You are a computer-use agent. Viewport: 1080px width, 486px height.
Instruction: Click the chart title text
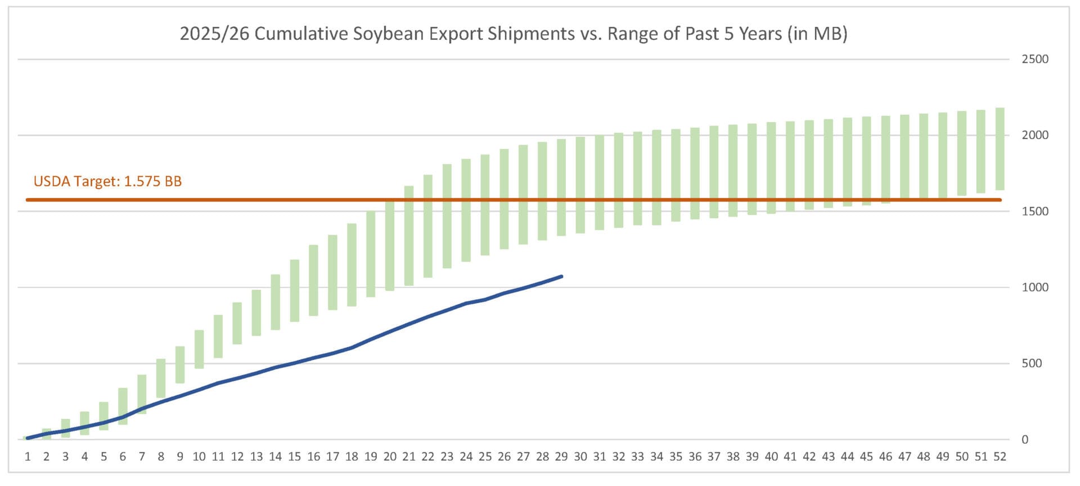pos(513,34)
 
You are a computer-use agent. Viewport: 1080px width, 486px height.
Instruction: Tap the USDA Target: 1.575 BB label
pos(107,181)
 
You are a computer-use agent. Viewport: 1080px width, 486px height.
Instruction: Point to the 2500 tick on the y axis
pos(1034,59)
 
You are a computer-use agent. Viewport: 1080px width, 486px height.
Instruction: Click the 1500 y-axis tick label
pos(1034,211)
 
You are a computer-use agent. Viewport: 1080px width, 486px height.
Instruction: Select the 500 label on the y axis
pos(1032,363)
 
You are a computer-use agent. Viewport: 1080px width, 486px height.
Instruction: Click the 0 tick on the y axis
pos(1024,440)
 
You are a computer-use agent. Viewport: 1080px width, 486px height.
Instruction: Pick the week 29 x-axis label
pos(561,457)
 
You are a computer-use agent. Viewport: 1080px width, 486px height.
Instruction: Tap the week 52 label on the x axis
pos(1000,457)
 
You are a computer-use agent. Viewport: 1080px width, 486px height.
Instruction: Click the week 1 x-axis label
pos(28,457)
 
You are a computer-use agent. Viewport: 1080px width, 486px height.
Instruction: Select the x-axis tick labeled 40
pos(771,457)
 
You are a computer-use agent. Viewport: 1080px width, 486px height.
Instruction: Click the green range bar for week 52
pos(1000,149)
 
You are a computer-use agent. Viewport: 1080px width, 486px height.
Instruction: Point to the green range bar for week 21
pos(409,236)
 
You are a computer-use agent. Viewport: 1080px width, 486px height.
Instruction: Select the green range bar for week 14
pos(275,302)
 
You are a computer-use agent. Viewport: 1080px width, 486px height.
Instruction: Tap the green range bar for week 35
pos(676,175)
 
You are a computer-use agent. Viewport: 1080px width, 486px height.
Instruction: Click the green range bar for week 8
pos(161,378)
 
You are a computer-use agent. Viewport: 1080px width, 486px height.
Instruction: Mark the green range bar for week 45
pos(866,161)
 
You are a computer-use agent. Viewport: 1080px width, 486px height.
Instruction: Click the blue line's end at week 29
pos(561,276)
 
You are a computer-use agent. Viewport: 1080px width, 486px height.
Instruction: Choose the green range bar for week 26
pos(504,199)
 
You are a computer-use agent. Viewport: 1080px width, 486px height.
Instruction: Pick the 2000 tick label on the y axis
pos(1034,135)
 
